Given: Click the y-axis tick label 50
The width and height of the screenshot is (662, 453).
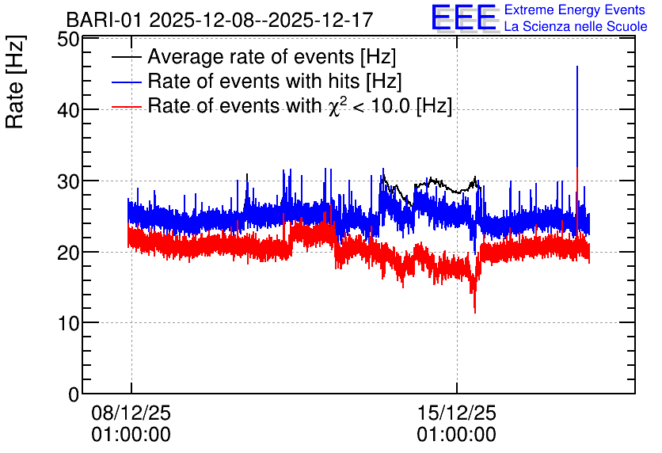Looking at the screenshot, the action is point(68,40).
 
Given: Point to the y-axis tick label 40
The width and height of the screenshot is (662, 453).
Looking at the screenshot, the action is point(68,110).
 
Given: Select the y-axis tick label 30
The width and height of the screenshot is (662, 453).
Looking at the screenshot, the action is point(68,181).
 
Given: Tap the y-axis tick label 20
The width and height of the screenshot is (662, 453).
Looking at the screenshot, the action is point(68,252).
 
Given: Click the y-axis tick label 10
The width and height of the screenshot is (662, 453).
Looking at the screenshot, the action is point(68,323).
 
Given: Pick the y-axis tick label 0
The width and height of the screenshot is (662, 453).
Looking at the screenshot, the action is point(74,394).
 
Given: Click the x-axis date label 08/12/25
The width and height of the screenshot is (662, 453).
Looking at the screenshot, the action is point(131,413).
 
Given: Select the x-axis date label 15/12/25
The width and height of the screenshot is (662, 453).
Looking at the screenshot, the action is point(457,413).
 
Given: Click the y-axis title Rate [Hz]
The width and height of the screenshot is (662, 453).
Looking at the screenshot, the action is point(15,82).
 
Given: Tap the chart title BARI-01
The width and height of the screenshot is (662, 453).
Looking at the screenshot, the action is point(104,20).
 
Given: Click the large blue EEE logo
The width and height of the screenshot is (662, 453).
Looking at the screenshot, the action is point(463,17).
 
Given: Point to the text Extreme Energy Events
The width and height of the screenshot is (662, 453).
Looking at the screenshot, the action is point(575,10).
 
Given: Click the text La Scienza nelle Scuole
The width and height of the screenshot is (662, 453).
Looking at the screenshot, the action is point(576,27).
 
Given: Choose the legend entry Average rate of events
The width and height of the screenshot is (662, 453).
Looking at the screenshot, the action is point(272,56).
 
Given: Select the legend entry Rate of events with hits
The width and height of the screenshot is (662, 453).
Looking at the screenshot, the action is point(275,81).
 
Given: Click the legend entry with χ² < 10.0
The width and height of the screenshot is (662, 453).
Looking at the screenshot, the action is point(300,105).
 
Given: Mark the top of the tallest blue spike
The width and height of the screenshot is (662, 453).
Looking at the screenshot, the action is point(577,67).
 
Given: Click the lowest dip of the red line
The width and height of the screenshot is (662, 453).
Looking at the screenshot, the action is point(475,313).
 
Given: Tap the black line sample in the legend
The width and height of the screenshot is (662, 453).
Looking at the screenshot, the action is point(127,57).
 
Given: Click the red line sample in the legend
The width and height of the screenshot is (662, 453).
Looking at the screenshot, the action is point(127,107).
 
